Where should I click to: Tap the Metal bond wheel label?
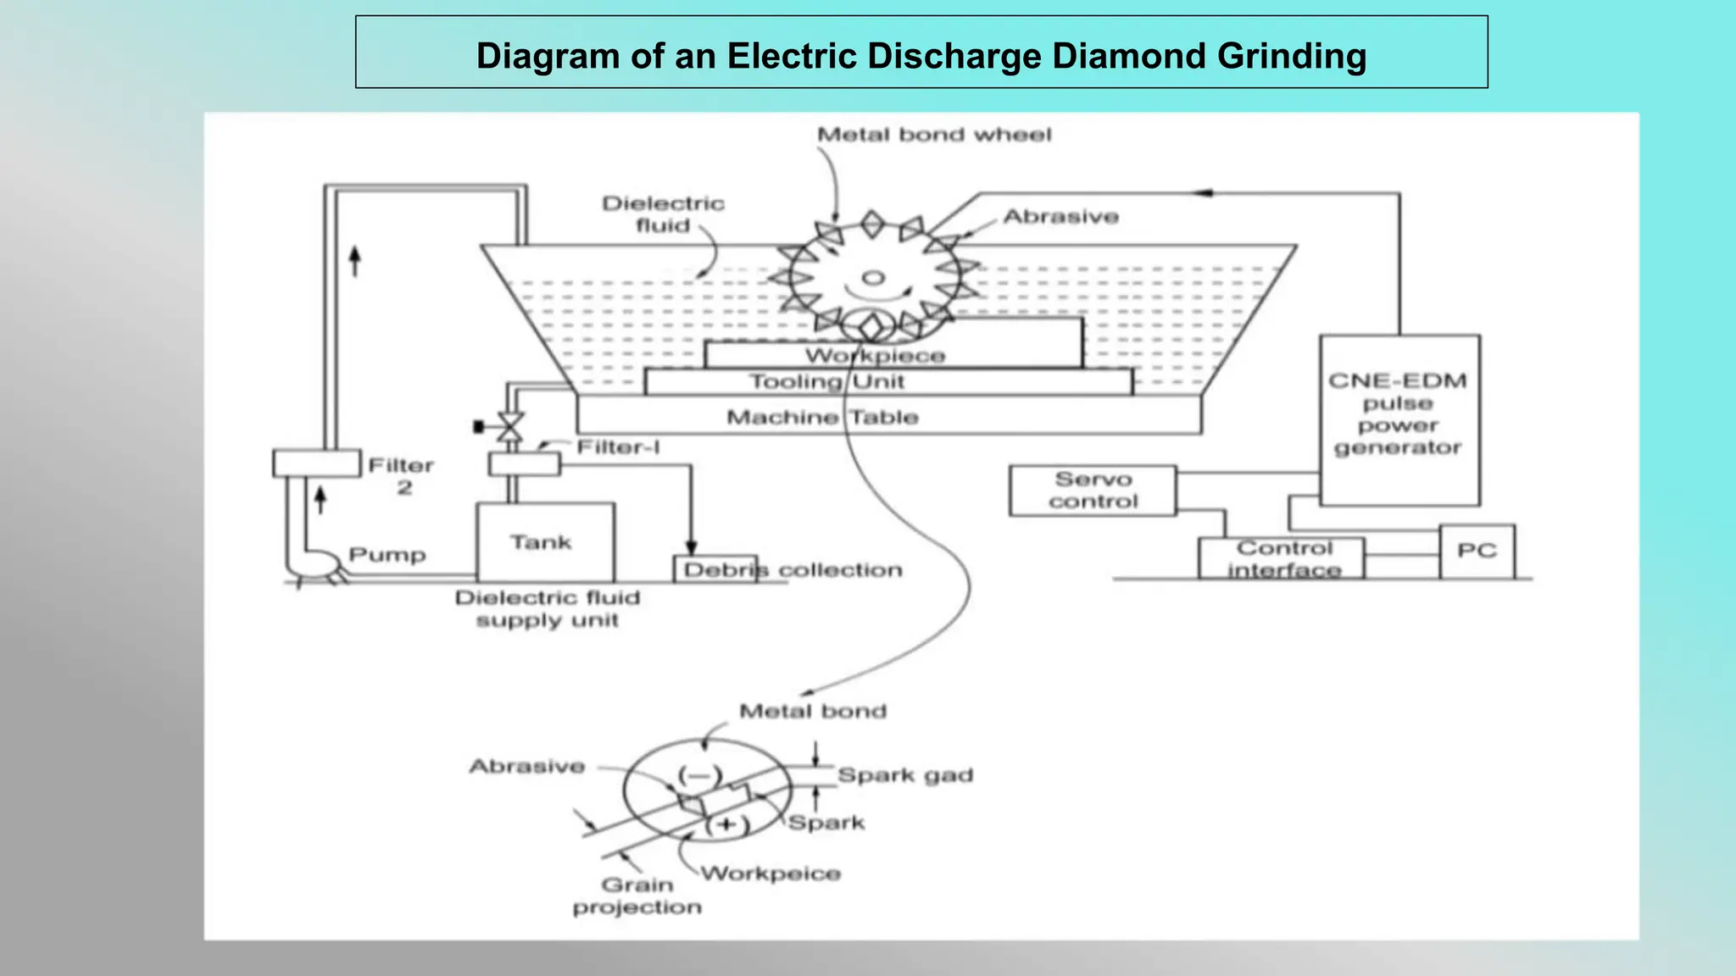pos(933,135)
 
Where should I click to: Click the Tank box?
pos(545,542)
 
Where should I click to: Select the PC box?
pos(1477,551)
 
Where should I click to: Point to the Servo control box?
pos(1092,491)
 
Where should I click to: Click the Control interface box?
pos(1281,558)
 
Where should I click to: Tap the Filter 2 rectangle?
pos(316,463)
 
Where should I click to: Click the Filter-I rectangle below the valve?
pos(524,464)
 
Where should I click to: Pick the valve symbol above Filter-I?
pos(509,426)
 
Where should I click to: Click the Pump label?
pos(387,555)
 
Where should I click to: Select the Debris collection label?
pos(793,570)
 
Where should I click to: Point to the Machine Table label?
pos(822,417)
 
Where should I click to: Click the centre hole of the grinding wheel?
pos(873,277)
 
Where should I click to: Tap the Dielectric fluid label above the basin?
pos(663,214)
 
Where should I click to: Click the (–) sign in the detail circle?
pos(699,775)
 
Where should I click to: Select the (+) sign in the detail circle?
pos(727,824)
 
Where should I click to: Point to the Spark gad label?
pos(904,775)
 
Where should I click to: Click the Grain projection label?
pos(637,896)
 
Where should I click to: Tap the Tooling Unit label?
pos(826,381)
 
